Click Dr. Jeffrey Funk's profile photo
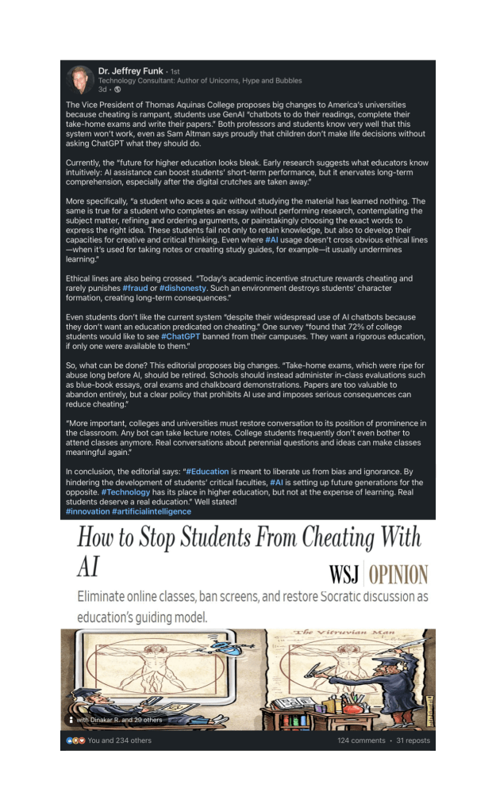pyautogui.click(x=79, y=78)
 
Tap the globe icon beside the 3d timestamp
pyautogui.click(x=117, y=88)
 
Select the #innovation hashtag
pyautogui.click(x=87, y=511)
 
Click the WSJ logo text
pyautogui.click(x=344, y=574)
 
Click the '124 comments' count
pyautogui.click(x=360, y=740)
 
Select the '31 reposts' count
pyautogui.click(x=413, y=740)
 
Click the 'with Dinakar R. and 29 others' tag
pyautogui.click(x=112, y=719)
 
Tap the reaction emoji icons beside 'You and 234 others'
pyautogui.click(x=74, y=740)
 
